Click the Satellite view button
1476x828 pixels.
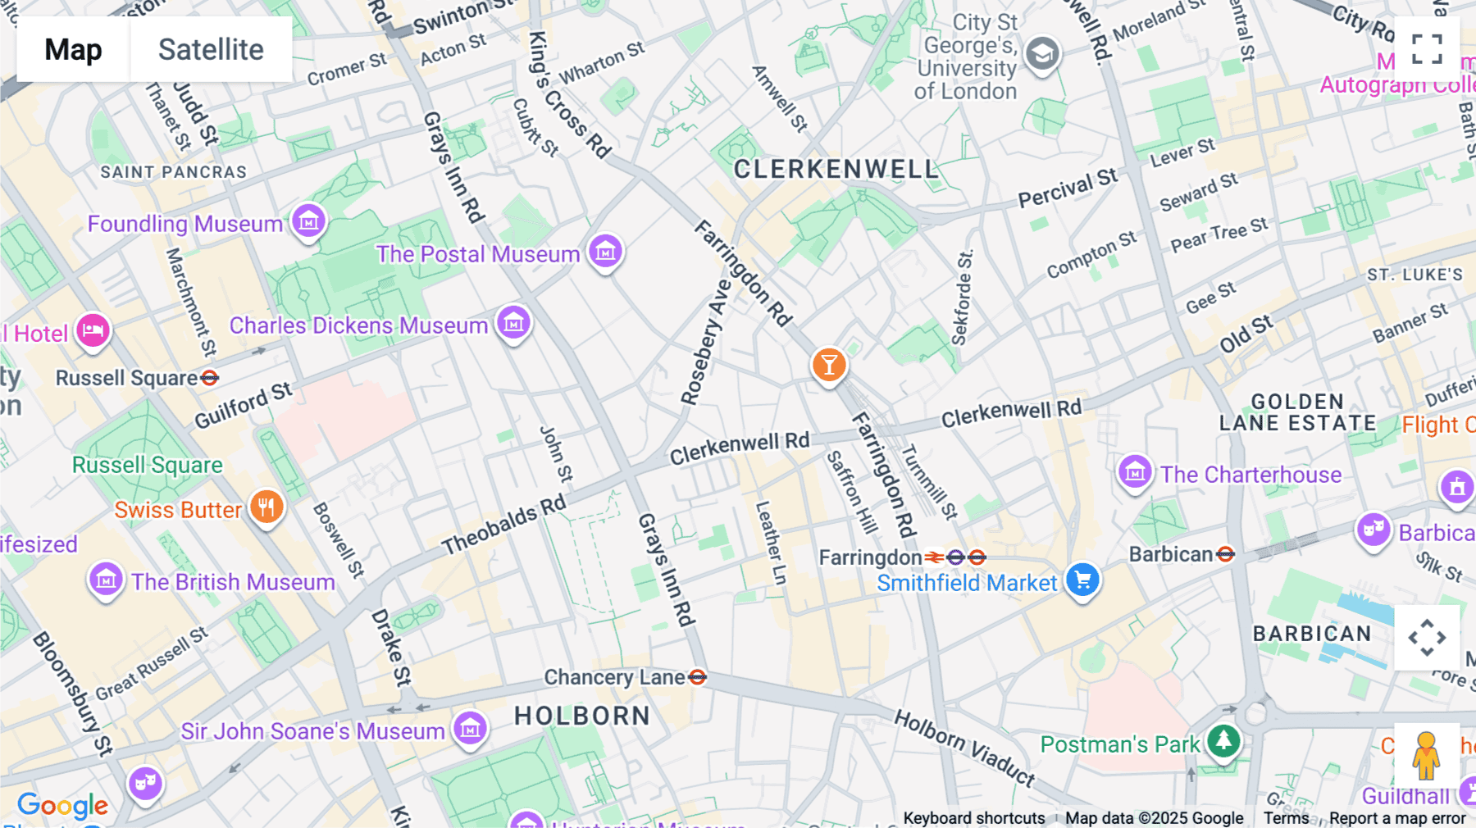pyautogui.click(x=211, y=49)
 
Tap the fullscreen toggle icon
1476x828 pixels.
pyautogui.click(x=1427, y=49)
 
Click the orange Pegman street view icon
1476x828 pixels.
pyautogui.click(x=1426, y=756)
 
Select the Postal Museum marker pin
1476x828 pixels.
pyautogui.click(x=606, y=252)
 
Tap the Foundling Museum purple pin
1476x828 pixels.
pyautogui.click(x=309, y=221)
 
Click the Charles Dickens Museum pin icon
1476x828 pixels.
pyautogui.click(x=514, y=322)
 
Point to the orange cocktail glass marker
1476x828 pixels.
pyautogui.click(x=829, y=364)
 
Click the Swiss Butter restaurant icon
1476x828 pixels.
pyautogui.click(x=266, y=507)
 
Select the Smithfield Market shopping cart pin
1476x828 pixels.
pyautogui.click(x=1083, y=580)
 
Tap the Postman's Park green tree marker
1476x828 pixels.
pyautogui.click(x=1223, y=741)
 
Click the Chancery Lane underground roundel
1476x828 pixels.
pyautogui.click(x=698, y=677)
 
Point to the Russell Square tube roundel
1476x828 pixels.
pyautogui.click(x=210, y=378)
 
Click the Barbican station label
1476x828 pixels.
pyautogui.click(x=1171, y=555)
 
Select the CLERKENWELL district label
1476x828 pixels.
pyautogui.click(x=836, y=170)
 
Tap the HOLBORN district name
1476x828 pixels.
pyautogui.click(x=582, y=716)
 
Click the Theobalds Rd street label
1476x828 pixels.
pyautogui.click(x=504, y=525)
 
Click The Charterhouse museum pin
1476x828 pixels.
pyautogui.click(x=1136, y=471)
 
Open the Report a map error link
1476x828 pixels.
pyautogui.click(x=1397, y=818)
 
